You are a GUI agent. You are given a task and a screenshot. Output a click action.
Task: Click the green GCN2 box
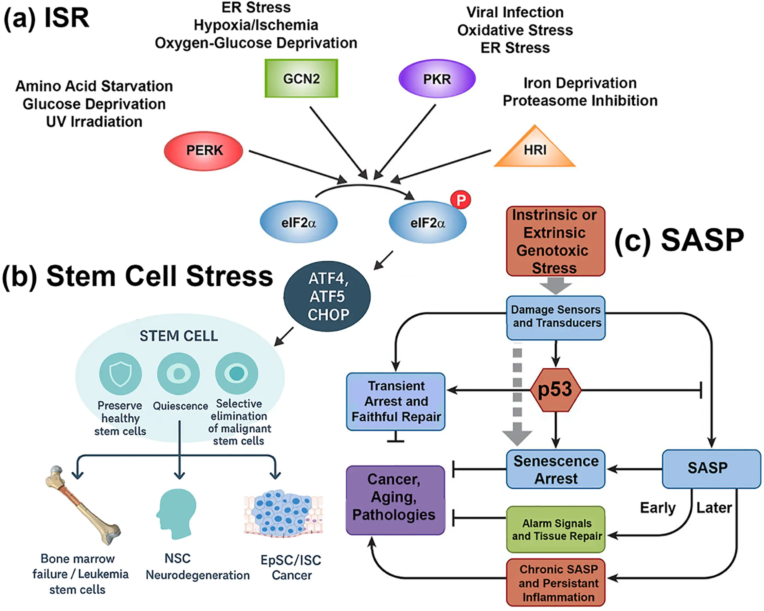click(x=301, y=78)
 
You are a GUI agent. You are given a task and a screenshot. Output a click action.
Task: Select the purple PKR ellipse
click(x=437, y=79)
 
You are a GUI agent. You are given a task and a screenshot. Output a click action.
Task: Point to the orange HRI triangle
click(x=535, y=151)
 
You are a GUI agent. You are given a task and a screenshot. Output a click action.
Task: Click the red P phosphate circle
click(x=460, y=200)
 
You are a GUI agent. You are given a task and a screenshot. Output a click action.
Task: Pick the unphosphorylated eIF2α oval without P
click(x=298, y=223)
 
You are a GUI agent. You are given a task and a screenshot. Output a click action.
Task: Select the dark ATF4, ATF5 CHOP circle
click(x=327, y=296)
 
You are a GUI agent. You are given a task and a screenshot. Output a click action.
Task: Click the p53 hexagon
click(x=555, y=390)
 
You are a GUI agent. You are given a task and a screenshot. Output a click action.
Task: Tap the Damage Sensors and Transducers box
click(x=556, y=317)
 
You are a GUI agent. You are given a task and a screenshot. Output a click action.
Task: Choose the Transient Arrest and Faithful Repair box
click(x=396, y=401)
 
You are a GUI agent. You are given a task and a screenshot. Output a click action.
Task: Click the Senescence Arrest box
click(x=556, y=469)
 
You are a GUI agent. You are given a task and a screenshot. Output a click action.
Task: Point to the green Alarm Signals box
click(x=556, y=529)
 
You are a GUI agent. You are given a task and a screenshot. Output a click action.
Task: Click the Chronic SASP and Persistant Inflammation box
click(x=556, y=583)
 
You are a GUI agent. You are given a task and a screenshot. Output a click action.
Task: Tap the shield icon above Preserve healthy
click(x=121, y=374)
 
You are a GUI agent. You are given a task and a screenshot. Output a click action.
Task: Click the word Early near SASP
click(x=657, y=508)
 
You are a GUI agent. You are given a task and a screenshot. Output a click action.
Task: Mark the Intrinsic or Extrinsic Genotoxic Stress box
click(x=555, y=241)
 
